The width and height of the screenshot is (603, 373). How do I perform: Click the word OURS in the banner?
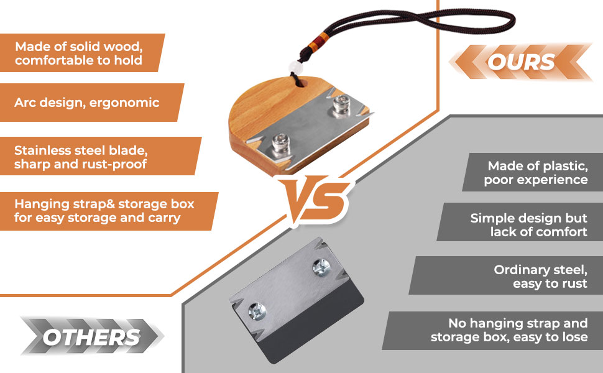(521, 62)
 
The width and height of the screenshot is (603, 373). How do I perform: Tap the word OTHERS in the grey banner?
(91, 337)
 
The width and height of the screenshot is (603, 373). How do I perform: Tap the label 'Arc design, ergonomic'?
(87, 102)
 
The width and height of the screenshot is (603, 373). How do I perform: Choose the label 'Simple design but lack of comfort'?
(528, 225)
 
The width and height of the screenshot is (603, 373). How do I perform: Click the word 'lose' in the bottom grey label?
(573, 337)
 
